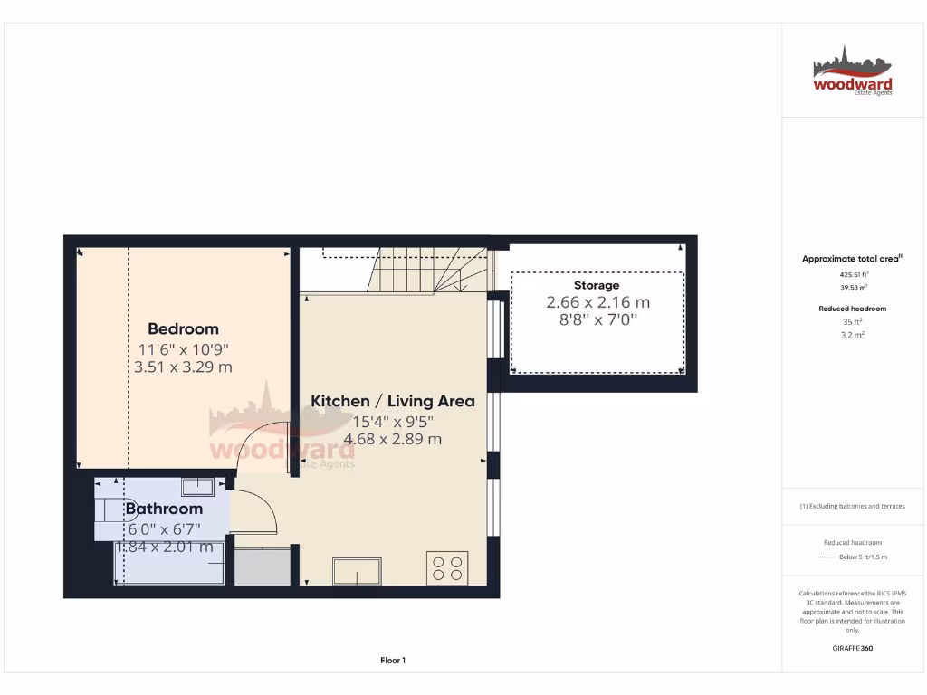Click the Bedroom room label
(183, 328)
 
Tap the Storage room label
(597, 285)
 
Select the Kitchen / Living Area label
(392, 401)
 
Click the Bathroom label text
(164, 509)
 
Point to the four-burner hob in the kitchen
(447, 567)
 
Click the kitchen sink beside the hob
(358, 571)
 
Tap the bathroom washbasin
(196, 487)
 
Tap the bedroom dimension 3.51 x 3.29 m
(183, 367)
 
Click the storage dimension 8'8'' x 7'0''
(597, 319)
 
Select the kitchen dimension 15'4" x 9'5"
(392, 421)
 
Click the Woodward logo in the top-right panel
(852, 72)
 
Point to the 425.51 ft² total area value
(852, 273)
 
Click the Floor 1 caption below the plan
(392, 661)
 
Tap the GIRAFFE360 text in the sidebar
(852, 648)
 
